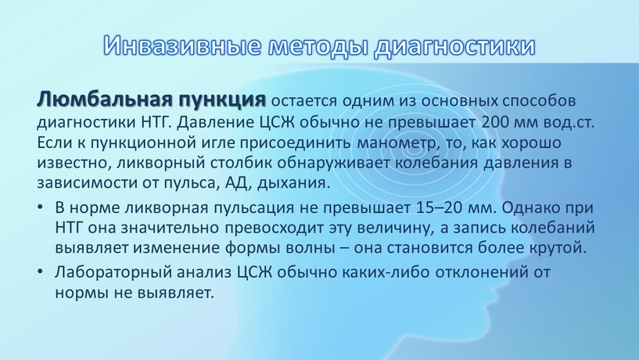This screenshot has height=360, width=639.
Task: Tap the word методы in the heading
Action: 318,46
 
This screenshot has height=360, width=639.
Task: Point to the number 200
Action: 495,122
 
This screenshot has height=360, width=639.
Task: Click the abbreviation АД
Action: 236,182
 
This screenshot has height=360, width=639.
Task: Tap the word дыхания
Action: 293,183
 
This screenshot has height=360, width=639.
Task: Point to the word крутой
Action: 558,248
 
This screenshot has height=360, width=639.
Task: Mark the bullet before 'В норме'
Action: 40,207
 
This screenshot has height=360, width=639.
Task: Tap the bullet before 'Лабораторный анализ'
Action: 40,272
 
